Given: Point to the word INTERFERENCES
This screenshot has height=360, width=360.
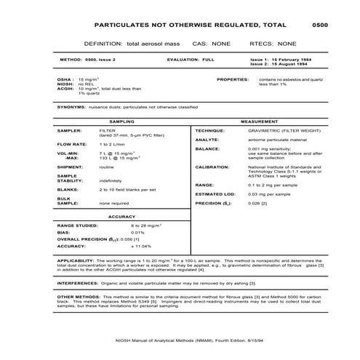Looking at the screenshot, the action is click(76, 284).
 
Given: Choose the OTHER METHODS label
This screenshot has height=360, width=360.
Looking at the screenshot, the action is click(77, 297).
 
